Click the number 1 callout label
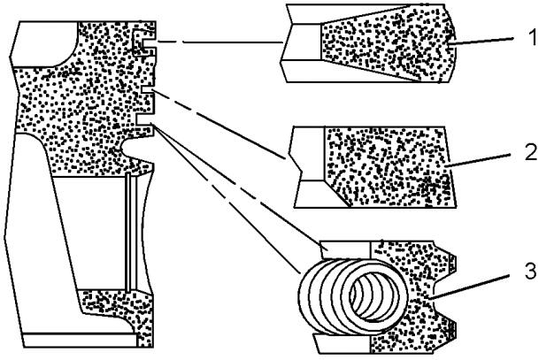533,37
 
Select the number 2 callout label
531,153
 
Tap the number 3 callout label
530,272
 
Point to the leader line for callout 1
482,41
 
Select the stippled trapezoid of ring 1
388,43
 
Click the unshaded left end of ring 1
302,42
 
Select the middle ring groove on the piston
148,90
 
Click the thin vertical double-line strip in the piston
131,233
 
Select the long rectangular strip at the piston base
81,341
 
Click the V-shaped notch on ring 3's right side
444,297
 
